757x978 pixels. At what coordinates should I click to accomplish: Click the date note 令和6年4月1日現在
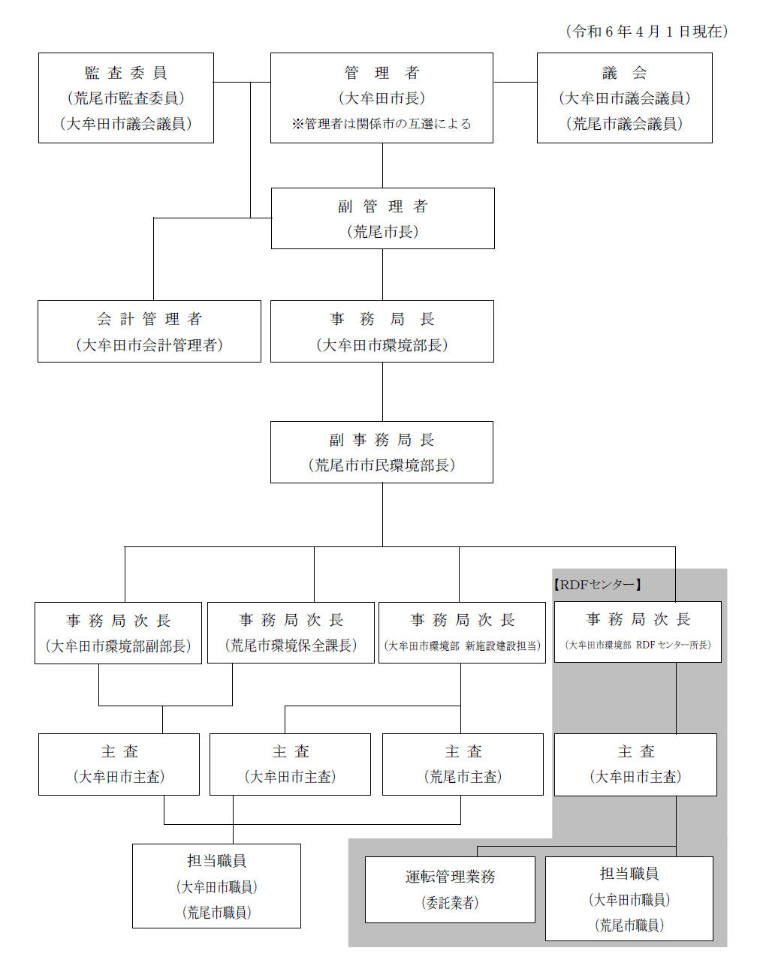pyautogui.click(x=647, y=32)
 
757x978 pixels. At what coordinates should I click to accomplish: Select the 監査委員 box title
pyautogui.click(x=125, y=73)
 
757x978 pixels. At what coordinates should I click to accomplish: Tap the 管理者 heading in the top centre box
pyautogui.click(x=382, y=73)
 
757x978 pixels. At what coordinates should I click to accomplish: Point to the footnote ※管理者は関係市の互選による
pyautogui.click(x=381, y=124)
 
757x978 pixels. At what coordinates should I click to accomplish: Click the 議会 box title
pyautogui.click(x=624, y=73)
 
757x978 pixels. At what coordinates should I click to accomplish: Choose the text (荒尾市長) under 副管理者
pyautogui.click(x=383, y=232)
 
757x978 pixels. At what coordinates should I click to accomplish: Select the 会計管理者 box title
pyautogui.click(x=149, y=319)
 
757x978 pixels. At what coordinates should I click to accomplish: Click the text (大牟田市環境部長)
pyautogui.click(x=382, y=345)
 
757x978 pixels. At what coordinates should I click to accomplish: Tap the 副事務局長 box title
pyautogui.click(x=382, y=440)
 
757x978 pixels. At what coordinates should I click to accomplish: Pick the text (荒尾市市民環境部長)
pyautogui.click(x=382, y=465)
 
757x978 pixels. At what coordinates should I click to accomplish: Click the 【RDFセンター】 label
pyautogui.click(x=597, y=585)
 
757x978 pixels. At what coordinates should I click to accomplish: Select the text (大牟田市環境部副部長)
pyautogui.click(x=118, y=646)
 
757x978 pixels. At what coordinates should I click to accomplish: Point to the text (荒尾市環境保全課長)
pyautogui.click(x=291, y=645)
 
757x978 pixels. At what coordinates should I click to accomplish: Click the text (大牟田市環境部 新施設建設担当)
pyautogui.click(x=462, y=646)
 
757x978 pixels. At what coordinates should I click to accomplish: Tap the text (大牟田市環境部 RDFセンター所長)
pyautogui.click(x=638, y=645)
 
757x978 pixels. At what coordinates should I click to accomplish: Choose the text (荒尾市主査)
pyautogui.click(x=463, y=776)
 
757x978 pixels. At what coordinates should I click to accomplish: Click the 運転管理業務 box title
pyautogui.click(x=450, y=877)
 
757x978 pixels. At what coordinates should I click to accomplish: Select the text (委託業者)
pyautogui.click(x=450, y=902)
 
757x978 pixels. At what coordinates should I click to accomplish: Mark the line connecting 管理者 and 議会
pyautogui.click(x=516, y=83)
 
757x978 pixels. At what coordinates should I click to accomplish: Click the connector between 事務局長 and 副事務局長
pyautogui.click(x=383, y=392)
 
